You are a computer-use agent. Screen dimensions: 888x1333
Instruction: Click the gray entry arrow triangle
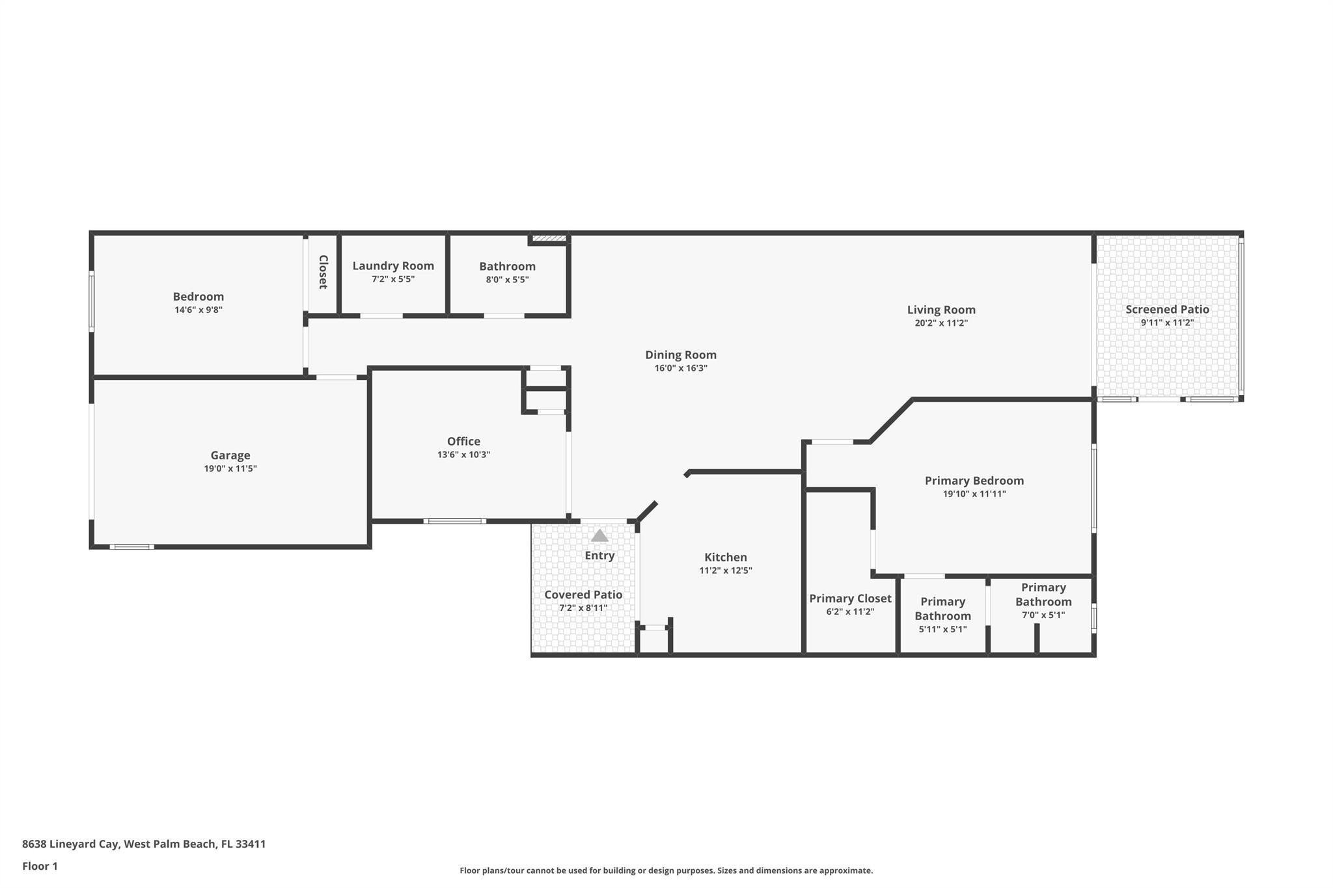(x=599, y=535)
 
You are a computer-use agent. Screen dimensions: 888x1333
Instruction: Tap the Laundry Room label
(x=393, y=265)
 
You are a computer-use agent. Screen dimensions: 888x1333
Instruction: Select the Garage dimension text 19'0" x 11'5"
(x=230, y=468)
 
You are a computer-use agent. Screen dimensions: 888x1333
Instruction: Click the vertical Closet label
(x=323, y=272)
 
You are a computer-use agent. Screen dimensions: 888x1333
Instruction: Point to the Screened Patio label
(x=1167, y=310)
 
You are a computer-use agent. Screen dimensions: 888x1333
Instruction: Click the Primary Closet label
(x=850, y=599)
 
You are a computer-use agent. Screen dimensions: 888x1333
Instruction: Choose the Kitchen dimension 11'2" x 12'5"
(x=725, y=571)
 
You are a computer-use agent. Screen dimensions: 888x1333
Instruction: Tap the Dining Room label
(x=680, y=355)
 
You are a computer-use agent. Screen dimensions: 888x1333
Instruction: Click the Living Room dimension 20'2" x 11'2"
(x=941, y=323)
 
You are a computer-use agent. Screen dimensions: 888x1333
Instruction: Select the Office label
(x=463, y=441)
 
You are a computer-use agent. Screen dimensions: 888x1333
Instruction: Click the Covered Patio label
(x=583, y=595)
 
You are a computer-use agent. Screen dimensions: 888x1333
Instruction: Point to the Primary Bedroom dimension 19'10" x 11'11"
(x=974, y=494)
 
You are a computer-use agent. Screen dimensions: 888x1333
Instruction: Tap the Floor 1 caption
(x=40, y=866)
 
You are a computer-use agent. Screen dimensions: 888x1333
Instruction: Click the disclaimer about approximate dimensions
(x=666, y=870)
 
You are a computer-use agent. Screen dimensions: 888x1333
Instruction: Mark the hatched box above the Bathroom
(x=550, y=239)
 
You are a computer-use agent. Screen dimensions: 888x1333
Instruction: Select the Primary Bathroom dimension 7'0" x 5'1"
(x=1043, y=615)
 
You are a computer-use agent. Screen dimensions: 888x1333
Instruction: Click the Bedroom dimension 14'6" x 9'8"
(x=199, y=310)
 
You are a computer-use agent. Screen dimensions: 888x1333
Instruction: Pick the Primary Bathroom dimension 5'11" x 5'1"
(x=942, y=629)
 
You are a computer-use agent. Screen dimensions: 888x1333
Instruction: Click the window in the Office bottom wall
(x=454, y=521)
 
